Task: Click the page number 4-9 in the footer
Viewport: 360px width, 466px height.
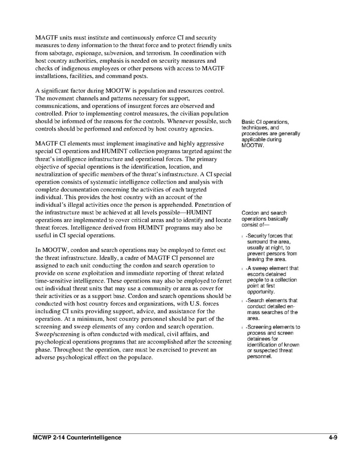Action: point(333,437)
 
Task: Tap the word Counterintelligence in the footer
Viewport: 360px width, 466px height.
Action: point(92,437)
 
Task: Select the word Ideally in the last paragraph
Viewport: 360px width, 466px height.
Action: point(126,258)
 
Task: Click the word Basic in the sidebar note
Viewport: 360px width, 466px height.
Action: point(249,122)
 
